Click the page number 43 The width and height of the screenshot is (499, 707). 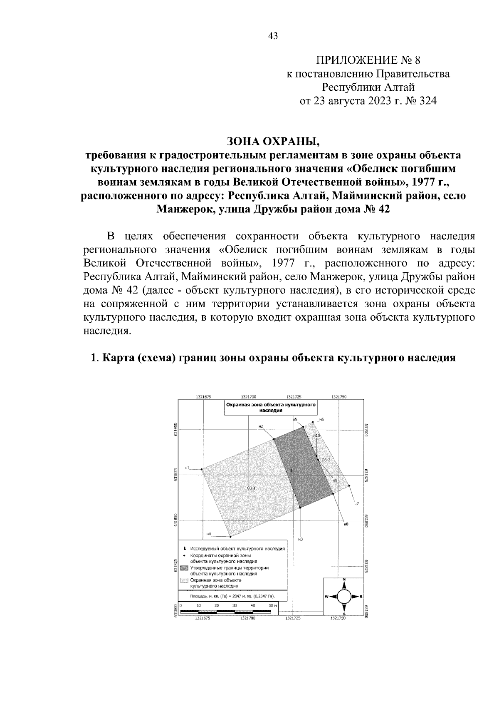click(273, 36)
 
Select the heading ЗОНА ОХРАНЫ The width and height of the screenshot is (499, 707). click(273, 142)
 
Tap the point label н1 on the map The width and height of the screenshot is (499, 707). click(188, 468)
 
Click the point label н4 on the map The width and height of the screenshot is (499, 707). click(209, 533)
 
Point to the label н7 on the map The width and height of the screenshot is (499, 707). click(356, 504)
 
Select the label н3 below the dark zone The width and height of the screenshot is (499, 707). click(300, 540)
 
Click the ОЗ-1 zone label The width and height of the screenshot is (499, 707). click(251, 488)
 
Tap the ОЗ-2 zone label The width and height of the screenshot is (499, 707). click(326, 460)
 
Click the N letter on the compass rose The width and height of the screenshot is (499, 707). click(344, 580)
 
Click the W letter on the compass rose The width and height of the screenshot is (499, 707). click(327, 597)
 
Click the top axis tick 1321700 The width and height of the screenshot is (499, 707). click(249, 397)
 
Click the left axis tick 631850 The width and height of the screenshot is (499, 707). click(176, 520)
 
